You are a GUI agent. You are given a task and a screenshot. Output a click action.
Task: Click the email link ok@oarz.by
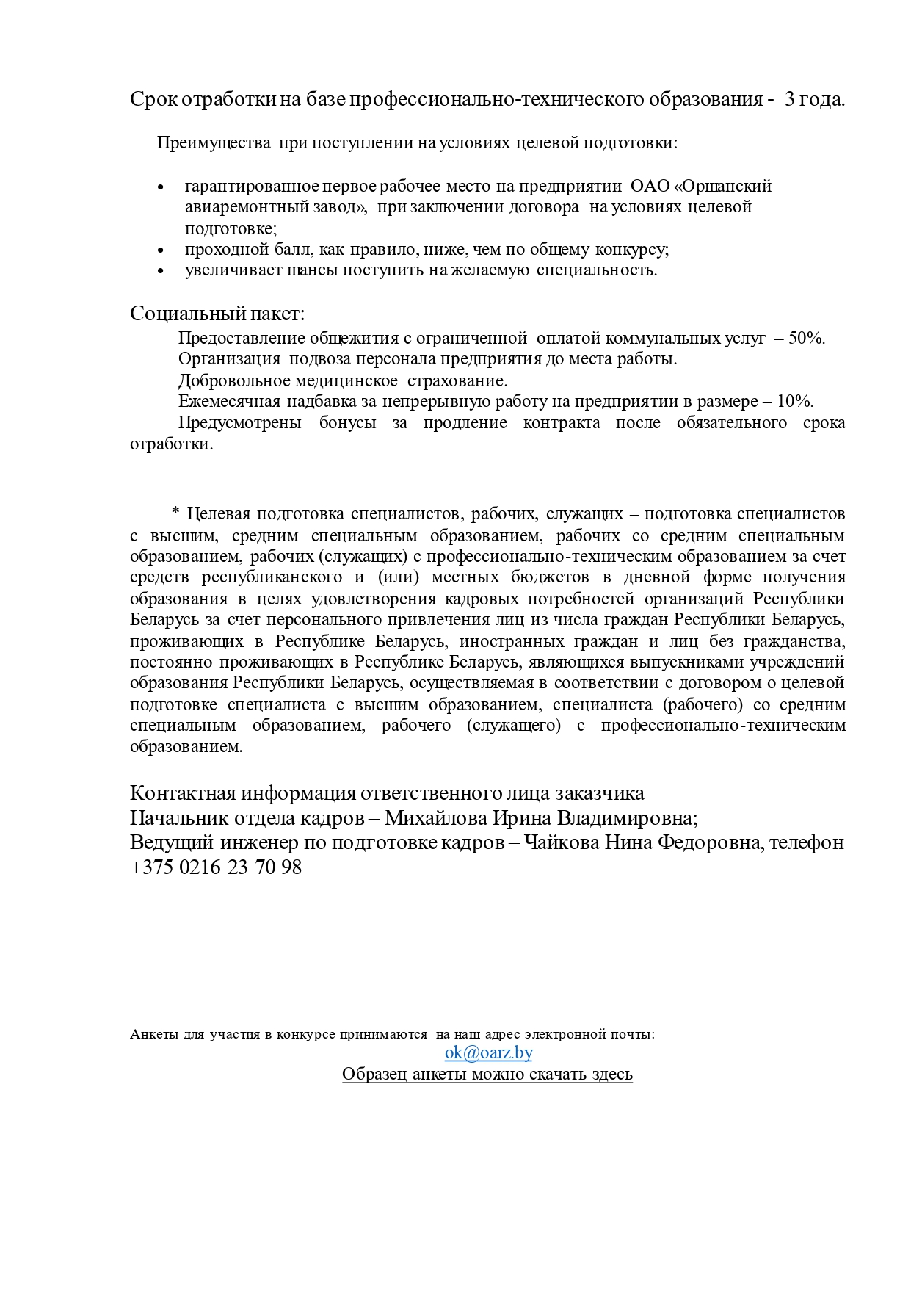(488, 1052)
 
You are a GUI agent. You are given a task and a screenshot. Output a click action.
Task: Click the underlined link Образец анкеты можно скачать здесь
(487, 1074)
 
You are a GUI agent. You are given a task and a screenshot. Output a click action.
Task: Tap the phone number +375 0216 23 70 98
(216, 867)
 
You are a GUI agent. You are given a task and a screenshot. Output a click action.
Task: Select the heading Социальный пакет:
(217, 314)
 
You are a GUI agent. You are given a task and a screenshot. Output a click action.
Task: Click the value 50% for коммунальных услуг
(806, 339)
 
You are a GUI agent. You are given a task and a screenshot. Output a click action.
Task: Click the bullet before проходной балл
(161, 251)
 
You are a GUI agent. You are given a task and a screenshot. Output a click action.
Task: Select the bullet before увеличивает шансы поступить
(161, 272)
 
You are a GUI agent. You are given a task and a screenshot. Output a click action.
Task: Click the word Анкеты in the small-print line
(153, 1034)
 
